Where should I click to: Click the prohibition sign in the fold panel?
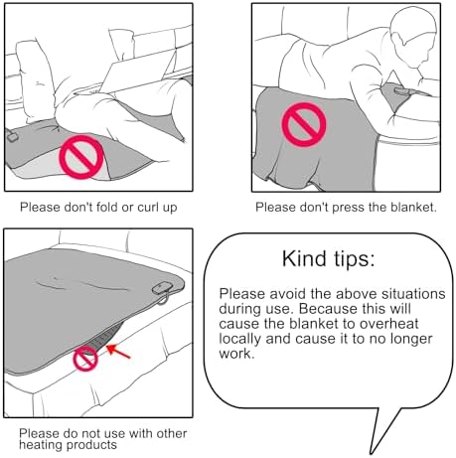pyautogui.click(x=81, y=157)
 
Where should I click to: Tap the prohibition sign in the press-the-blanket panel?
pyautogui.click(x=304, y=124)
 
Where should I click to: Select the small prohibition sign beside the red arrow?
pyautogui.click(x=85, y=359)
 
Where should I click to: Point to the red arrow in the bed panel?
pyautogui.click(x=118, y=352)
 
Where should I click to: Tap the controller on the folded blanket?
pyautogui.click(x=12, y=137)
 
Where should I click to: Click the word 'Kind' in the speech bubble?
pyautogui.click(x=304, y=258)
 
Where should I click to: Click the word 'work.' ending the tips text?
pyautogui.click(x=236, y=354)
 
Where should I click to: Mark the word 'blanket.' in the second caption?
pyautogui.click(x=413, y=208)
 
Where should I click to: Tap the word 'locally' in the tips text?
pyautogui.click(x=240, y=339)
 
